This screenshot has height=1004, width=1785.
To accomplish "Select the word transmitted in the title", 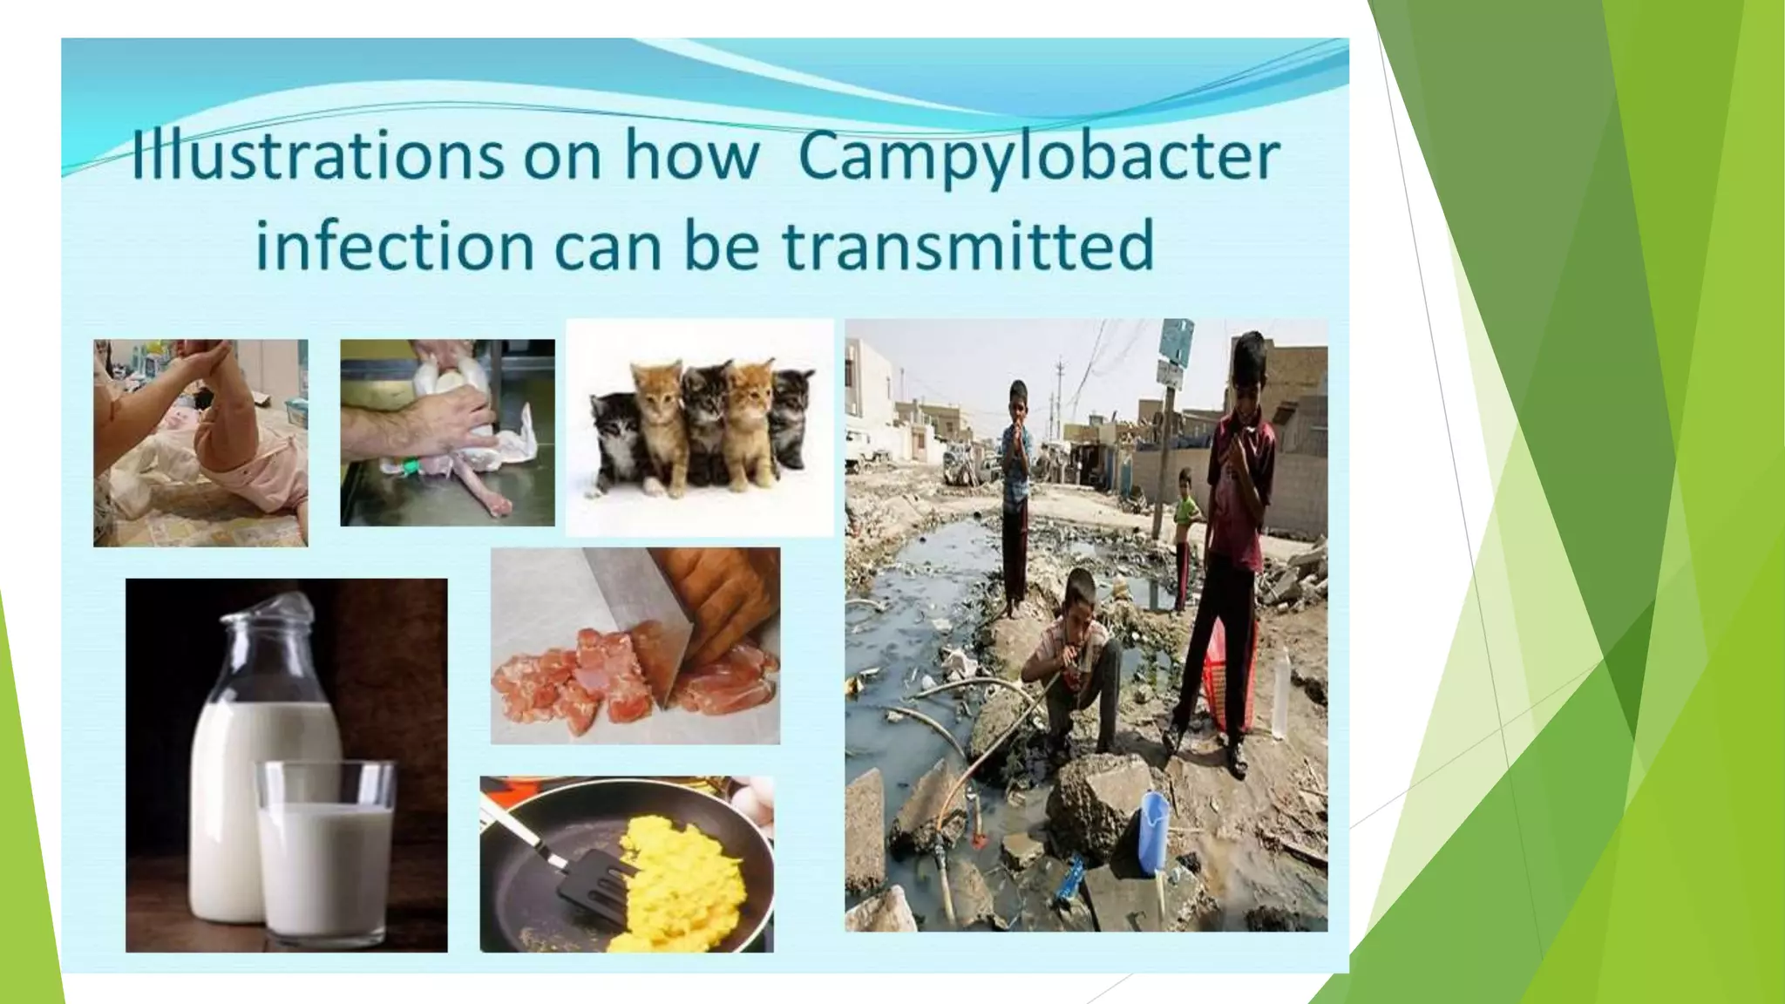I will [967, 245].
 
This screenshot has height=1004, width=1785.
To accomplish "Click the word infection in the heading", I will [394, 245].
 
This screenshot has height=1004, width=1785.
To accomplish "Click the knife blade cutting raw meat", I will [641, 610].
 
